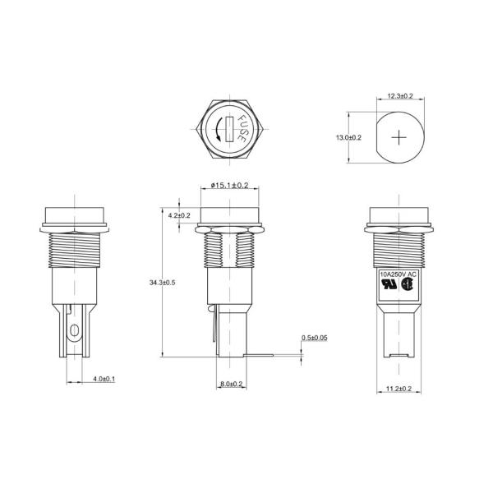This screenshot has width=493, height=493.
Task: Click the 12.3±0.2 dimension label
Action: pos(401,97)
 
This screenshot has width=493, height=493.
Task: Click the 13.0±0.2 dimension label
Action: pos(350,137)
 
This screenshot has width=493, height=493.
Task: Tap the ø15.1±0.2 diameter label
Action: pos(229,187)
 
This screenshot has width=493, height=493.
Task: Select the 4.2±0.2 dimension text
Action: pos(178,215)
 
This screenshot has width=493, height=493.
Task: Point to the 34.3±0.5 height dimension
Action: pos(162,283)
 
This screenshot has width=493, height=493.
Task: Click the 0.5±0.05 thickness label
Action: pos(315,337)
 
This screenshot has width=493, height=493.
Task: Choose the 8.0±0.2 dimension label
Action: pos(231,385)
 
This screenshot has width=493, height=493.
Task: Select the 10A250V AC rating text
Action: pos(399,274)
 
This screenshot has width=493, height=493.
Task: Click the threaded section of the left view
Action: pos(76,250)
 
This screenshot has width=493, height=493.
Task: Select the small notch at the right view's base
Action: pos(399,357)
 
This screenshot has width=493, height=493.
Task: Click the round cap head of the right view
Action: pos(399,214)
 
